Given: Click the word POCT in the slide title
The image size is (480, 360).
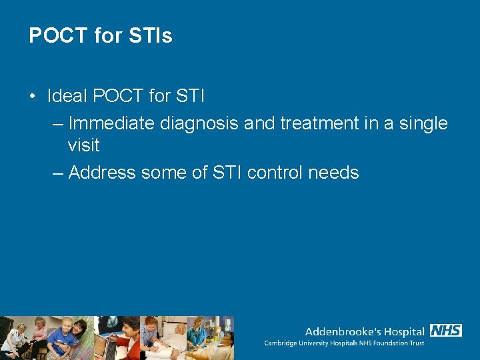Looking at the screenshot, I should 58,35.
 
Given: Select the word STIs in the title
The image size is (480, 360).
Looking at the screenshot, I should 153,35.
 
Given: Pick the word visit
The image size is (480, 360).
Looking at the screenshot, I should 83,145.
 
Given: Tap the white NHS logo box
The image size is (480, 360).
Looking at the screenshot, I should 446,330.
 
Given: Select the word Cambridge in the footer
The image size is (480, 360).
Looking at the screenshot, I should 283,343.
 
